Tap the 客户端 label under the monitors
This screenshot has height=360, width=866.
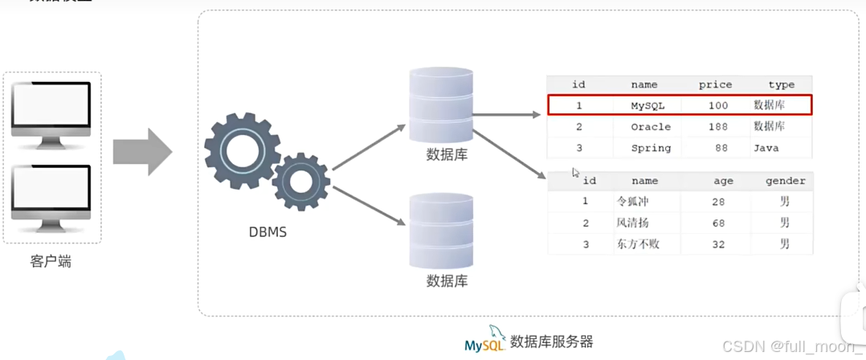pyautogui.click(x=51, y=261)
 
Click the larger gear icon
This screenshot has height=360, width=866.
pyautogui.click(x=242, y=150)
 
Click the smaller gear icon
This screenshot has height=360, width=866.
pyautogui.click(x=301, y=182)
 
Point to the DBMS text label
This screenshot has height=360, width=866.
pyautogui.click(x=268, y=232)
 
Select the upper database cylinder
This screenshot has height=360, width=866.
pyautogui.click(x=441, y=105)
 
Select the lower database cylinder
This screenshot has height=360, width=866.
pyautogui.click(x=441, y=231)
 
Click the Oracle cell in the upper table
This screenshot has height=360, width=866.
pyautogui.click(x=650, y=127)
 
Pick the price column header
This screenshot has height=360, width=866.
pyautogui.click(x=715, y=84)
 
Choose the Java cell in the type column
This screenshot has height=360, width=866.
pyautogui.click(x=766, y=148)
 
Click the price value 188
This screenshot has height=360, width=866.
pyautogui.click(x=717, y=127)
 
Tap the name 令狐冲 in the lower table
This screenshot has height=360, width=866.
pyautogui.click(x=631, y=202)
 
